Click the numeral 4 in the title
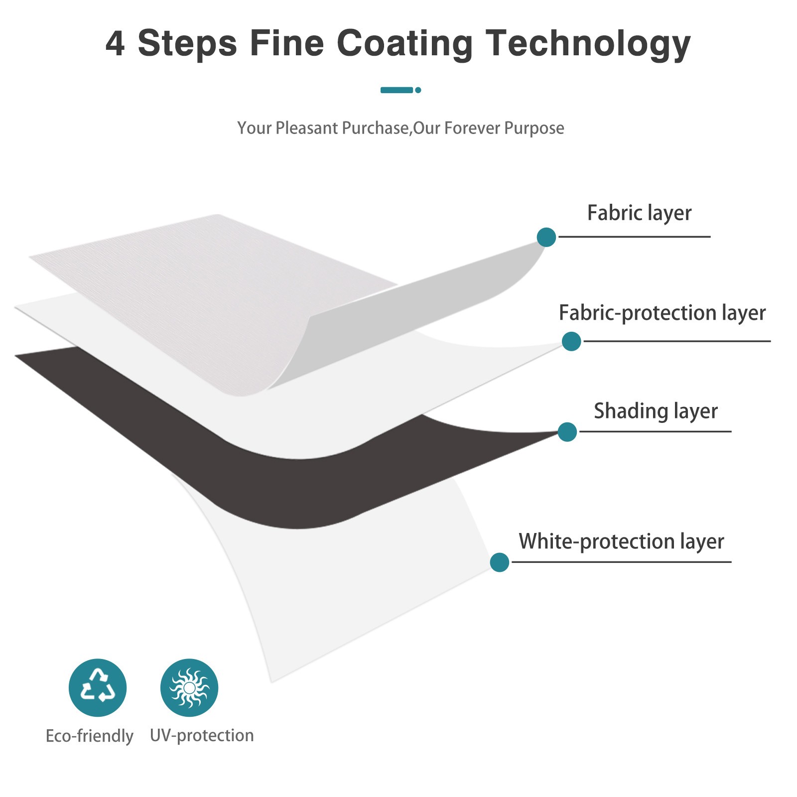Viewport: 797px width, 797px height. coord(115,43)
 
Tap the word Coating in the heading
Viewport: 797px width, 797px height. coord(404,44)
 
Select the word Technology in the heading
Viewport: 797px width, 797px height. coord(588,44)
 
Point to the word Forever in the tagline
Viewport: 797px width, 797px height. coord(472,128)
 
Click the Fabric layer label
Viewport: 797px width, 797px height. coord(639,213)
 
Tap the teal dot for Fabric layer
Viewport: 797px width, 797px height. coord(546,237)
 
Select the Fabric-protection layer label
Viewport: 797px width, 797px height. coord(662,313)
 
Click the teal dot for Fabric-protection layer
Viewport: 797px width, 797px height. coord(571,341)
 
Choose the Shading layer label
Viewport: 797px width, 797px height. coord(656,411)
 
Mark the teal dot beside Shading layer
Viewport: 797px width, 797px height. coord(567,432)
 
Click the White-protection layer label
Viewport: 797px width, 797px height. coord(621,541)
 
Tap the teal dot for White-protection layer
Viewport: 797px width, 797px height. coord(500,562)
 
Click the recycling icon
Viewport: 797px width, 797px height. coord(98,688)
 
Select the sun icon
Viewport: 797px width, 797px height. coord(189,688)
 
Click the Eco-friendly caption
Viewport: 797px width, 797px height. coord(90,736)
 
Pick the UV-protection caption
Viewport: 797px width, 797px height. coord(202,736)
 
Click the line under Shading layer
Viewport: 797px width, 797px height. coord(655,431)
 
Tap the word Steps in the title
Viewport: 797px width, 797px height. coord(187,44)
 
